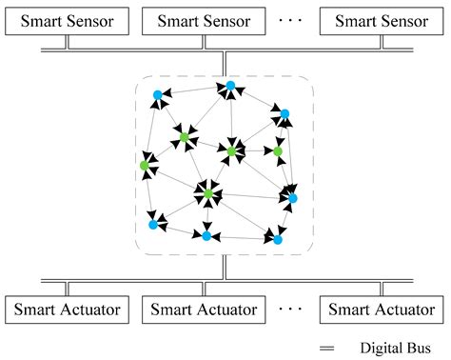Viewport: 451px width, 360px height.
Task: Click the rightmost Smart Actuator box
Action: pos(377,310)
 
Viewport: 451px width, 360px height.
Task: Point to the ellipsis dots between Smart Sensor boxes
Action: pos(289,17)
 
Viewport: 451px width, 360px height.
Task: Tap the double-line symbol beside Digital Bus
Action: pos(326,350)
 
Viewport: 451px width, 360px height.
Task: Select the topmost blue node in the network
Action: pos(230,87)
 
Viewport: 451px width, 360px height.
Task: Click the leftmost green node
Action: pos(145,166)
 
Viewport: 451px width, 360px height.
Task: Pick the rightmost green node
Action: pos(278,150)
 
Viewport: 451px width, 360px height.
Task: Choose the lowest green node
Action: pos(208,194)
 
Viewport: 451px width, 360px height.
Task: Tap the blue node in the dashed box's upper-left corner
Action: pos(158,94)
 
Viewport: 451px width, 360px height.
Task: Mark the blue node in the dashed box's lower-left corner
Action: pos(153,225)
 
